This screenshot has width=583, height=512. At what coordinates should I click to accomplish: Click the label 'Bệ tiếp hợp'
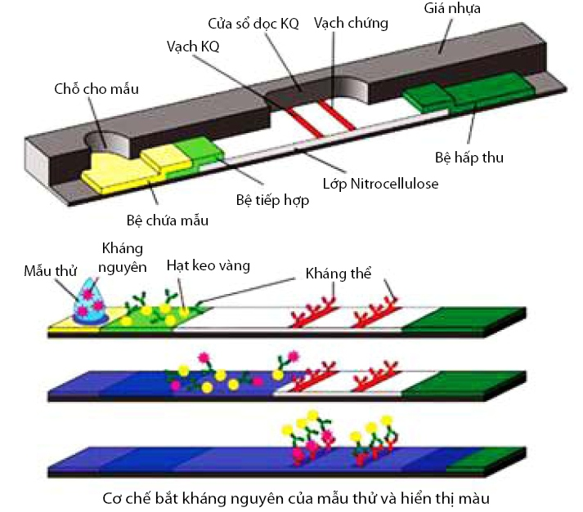point(271,200)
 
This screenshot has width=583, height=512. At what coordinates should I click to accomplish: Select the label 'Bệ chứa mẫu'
point(168,220)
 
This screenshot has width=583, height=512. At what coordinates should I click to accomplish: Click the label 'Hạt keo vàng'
point(209,265)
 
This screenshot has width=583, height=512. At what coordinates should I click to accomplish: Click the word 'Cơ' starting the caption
point(113,496)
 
